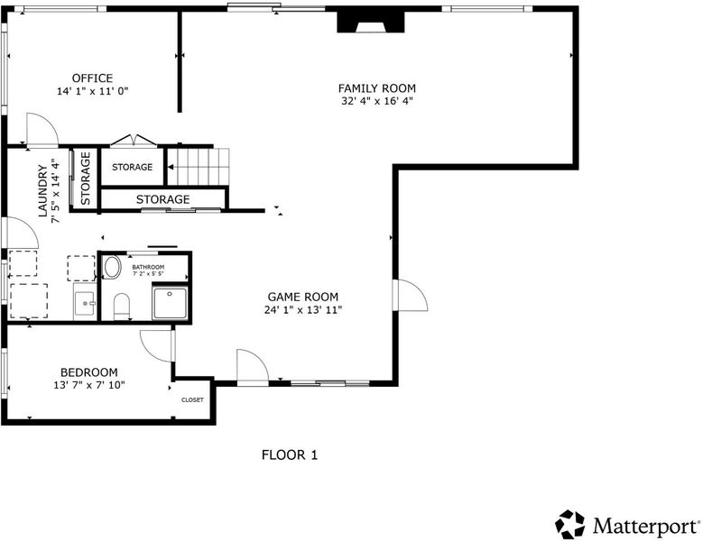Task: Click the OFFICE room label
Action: coord(92,78)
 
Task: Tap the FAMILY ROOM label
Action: coord(377,88)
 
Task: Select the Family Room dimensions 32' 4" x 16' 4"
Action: coord(377,101)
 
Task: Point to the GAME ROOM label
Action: coord(303,297)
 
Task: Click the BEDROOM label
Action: coord(89,372)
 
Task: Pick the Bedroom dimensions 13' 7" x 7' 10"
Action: coord(89,385)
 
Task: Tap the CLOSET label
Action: coord(192,400)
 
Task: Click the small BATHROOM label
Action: coord(148,267)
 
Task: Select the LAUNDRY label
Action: coord(43,191)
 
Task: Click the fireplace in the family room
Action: coord(371,22)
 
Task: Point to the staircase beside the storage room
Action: coord(199,167)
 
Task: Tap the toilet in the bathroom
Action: coord(122,307)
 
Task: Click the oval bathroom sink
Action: coord(112,268)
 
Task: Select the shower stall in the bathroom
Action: coord(170,303)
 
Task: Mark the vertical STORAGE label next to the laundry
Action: coord(85,179)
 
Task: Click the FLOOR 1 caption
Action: coord(290,455)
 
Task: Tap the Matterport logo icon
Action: coord(569,525)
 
